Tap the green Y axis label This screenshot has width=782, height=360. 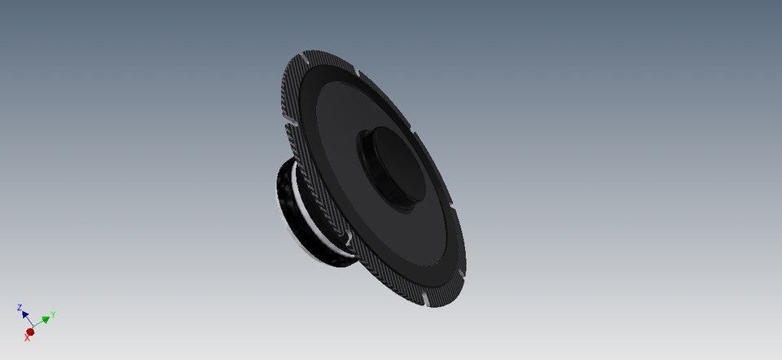[x=53, y=314]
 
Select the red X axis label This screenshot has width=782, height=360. [x=27, y=338]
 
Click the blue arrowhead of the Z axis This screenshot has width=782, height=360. [x=25, y=314]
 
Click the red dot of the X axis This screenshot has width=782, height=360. [x=31, y=331]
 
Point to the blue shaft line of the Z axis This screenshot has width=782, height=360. [x=29, y=323]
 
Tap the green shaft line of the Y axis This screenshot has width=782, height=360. [x=38, y=325]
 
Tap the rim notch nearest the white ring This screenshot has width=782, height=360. [x=348, y=239]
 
